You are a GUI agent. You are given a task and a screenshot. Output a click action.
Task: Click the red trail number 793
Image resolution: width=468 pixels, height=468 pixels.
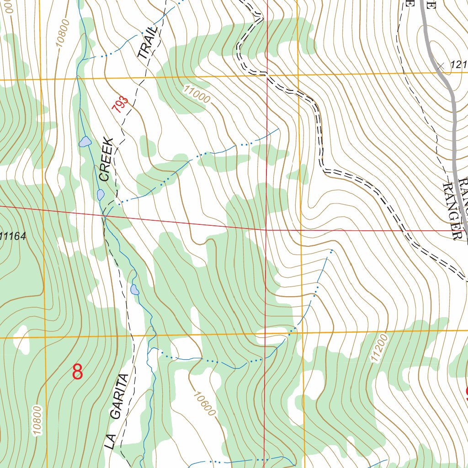[x=120, y=105]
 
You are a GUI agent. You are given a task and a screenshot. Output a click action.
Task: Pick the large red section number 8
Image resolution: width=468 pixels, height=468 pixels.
[x=78, y=372]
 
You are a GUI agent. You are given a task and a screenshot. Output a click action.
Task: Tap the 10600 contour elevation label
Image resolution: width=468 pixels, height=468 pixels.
[x=204, y=404]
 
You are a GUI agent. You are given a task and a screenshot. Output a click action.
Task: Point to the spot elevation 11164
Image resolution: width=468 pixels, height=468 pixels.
[x=13, y=236]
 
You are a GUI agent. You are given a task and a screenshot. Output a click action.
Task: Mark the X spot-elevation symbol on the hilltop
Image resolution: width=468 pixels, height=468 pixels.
[x=440, y=66]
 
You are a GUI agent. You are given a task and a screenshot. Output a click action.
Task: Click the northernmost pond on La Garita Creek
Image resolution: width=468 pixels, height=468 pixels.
[x=85, y=142]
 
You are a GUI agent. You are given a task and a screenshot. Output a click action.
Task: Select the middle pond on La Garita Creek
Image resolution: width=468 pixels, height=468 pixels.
[x=101, y=195]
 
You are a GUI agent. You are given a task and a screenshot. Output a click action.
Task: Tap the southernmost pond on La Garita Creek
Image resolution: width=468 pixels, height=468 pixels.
[x=134, y=289]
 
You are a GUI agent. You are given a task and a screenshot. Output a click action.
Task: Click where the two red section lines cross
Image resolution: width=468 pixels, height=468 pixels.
[x=266, y=229]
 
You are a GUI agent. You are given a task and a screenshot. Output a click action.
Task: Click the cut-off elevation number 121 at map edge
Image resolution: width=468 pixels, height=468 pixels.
[x=458, y=65]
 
